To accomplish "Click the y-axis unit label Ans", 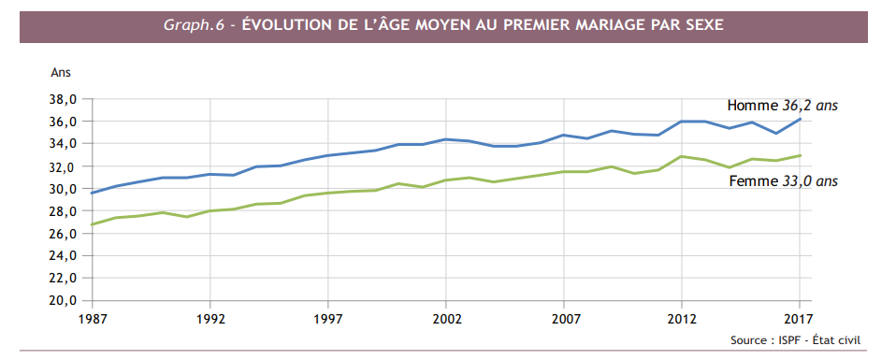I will pyautogui.click(x=61, y=72).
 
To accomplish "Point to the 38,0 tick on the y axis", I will pyautogui.click(x=62, y=99).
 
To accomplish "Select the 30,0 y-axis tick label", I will pyautogui.click(x=62, y=189).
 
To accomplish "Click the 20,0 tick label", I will pyautogui.click(x=62, y=301).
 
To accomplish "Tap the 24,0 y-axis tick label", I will pyautogui.click(x=62, y=256).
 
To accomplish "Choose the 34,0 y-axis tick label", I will pyautogui.click(x=62, y=144).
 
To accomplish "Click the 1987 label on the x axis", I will pyautogui.click(x=92, y=318).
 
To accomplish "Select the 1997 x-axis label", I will pyautogui.click(x=328, y=318).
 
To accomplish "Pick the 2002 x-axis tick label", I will pyautogui.click(x=446, y=318).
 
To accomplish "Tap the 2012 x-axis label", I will pyautogui.click(x=683, y=318).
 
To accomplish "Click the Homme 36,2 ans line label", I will pyautogui.click(x=782, y=106).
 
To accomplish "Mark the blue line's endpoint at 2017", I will pyautogui.click(x=801, y=119).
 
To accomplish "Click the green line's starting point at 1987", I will pyautogui.click(x=92, y=224).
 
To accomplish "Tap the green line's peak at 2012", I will pyautogui.click(x=683, y=156).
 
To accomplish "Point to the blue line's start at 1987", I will pyautogui.click(x=92, y=193).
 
